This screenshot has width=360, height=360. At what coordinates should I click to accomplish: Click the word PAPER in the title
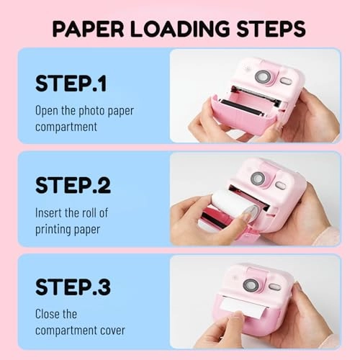pos(88,29)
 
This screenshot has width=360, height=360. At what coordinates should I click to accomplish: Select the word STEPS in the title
pos(271,29)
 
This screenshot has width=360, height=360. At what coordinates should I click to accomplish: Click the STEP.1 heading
pos(71,84)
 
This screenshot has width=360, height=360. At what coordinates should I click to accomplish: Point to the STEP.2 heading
pos(73,185)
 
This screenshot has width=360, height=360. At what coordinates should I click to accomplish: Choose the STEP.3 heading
pos(73,287)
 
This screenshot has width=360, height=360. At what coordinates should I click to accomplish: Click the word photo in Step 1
pos(91,111)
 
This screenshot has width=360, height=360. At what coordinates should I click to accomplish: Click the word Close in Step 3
pos(48,314)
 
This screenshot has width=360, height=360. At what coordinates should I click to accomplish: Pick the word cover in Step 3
pos(112,330)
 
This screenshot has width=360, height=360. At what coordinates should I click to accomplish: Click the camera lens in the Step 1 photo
pos(263,77)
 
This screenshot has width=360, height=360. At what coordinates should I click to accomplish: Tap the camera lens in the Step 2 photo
pos(258,179)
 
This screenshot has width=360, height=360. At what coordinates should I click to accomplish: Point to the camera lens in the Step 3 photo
pos(251,285)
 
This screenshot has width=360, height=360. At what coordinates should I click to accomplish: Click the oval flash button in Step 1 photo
pos(286,81)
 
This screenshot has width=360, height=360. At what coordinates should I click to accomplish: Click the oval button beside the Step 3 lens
pos(274,287)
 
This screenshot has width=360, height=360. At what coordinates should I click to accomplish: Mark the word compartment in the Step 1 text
pos(66,127)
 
